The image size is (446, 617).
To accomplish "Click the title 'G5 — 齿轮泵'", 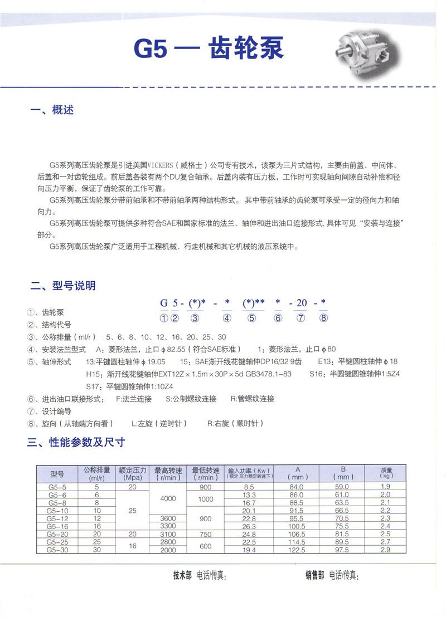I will pyautogui.click(x=209, y=49).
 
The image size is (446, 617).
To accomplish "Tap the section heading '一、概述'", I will pyautogui.click(x=52, y=110).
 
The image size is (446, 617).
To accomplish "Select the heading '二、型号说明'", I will pyautogui.click(x=63, y=286).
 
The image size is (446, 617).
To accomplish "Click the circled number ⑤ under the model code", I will pyautogui.click(x=251, y=318).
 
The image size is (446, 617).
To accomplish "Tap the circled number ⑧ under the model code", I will pyautogui.click(x=323, y=318).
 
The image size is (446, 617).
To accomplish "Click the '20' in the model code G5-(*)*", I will pyautogui.click(x=301, y=303).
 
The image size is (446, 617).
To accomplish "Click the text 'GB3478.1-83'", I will pyautogui.click(x=270, y=374).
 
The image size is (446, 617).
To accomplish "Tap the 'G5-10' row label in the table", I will pyautogui.click(x=57, y=511).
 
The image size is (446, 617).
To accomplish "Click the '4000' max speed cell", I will pyautogui.click(x=167, y=498).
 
